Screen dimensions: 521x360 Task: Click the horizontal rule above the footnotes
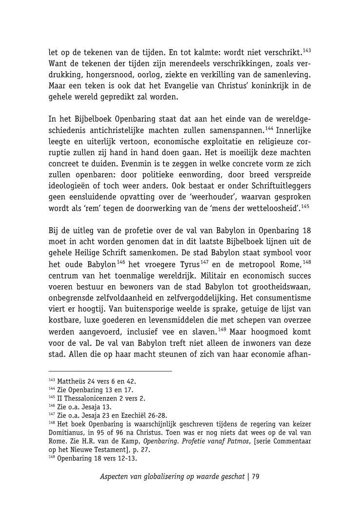110,371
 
